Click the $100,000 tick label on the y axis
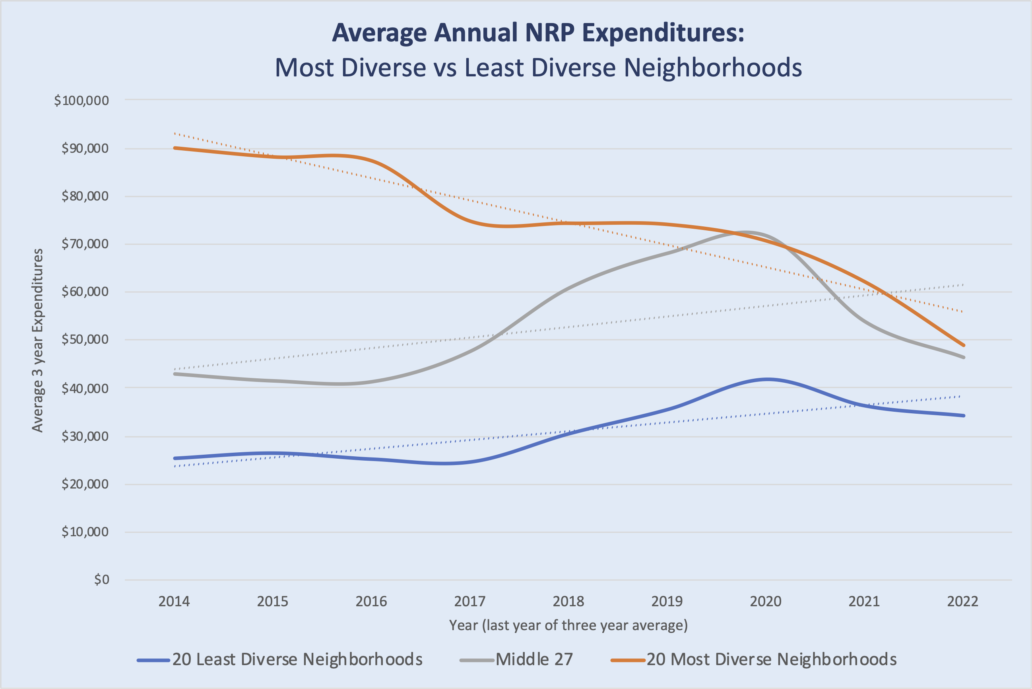[x=81, y=101]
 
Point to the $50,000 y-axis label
[x=85, y=340]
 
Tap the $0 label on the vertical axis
[x=101, y=580]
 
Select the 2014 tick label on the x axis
[x=174, y=601]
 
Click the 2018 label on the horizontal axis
[x=568, y=601]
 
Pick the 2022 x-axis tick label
[x=962, y=601]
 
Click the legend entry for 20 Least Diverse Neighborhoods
[x=297, y=660]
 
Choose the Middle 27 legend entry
[x=534, y=660]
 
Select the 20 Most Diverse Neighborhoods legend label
[x=771, y=660]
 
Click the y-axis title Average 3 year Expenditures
[x=38, y=341]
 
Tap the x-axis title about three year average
[x=568, y=625]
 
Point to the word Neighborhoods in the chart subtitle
[x=713, y=68]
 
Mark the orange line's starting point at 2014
[x=175, y=148]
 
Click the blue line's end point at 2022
[x=964, y=415]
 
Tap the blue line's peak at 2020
[x=767, y=379]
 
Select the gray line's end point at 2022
[x=964, y=357]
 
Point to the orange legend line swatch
[x=628, y=660]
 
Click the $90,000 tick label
[x=85, y=148]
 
